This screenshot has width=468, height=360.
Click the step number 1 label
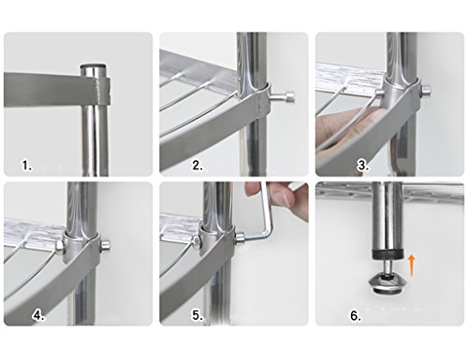click(27, 166)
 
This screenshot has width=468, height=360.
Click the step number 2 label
click(197, 166)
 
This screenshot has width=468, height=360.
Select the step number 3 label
click(363, 166)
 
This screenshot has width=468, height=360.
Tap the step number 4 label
click(38, 315)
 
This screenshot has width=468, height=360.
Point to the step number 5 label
click(197, 315)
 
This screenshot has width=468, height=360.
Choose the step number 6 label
click(356, 315)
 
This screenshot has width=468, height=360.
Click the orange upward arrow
click(412, 266)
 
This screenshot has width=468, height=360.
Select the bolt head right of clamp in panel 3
click(426, 91)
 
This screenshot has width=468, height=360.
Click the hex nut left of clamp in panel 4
click(59, 247)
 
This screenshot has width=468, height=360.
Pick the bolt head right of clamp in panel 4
click(106, 246)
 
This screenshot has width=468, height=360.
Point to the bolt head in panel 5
click(241, 238)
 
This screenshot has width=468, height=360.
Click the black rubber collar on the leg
click(388, 253)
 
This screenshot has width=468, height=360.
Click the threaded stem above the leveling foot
click(387, 266)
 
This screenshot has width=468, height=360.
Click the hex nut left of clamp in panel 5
click(196, 240)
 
